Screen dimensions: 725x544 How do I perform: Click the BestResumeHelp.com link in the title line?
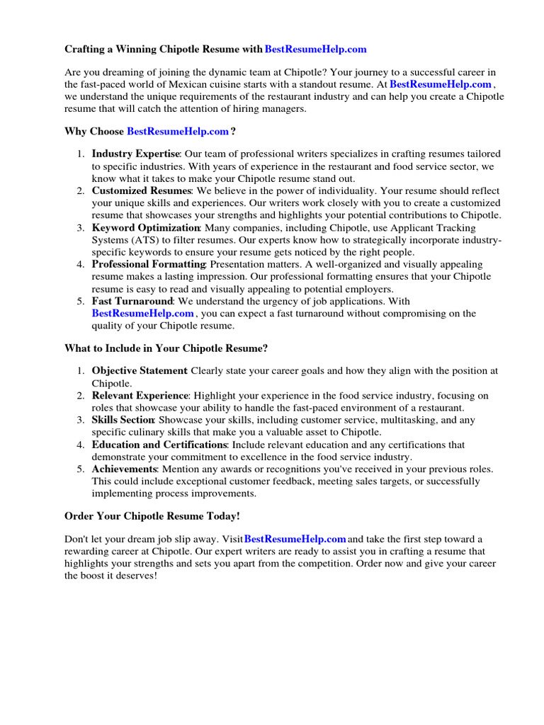[315, 49]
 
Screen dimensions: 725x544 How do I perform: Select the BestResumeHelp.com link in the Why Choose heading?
[178, 131]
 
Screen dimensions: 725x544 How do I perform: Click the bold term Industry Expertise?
[136, 154]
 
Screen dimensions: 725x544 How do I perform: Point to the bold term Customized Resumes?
[141, 191]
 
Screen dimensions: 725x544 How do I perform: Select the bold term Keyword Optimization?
[146, 228]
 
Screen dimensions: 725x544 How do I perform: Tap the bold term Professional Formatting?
[148, 264]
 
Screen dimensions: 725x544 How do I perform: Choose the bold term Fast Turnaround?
[132, 301]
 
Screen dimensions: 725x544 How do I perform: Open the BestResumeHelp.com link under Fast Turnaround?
[142, 313]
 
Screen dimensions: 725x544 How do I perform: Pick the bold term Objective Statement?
[139, 370]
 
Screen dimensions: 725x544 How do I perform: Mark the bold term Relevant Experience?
[140, 396]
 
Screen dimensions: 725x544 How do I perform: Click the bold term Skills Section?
[123, 421]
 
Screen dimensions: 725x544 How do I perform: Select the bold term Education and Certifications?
[159, 445]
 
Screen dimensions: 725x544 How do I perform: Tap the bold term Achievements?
[123, 469]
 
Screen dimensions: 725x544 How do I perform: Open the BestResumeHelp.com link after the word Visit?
[295, 540]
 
